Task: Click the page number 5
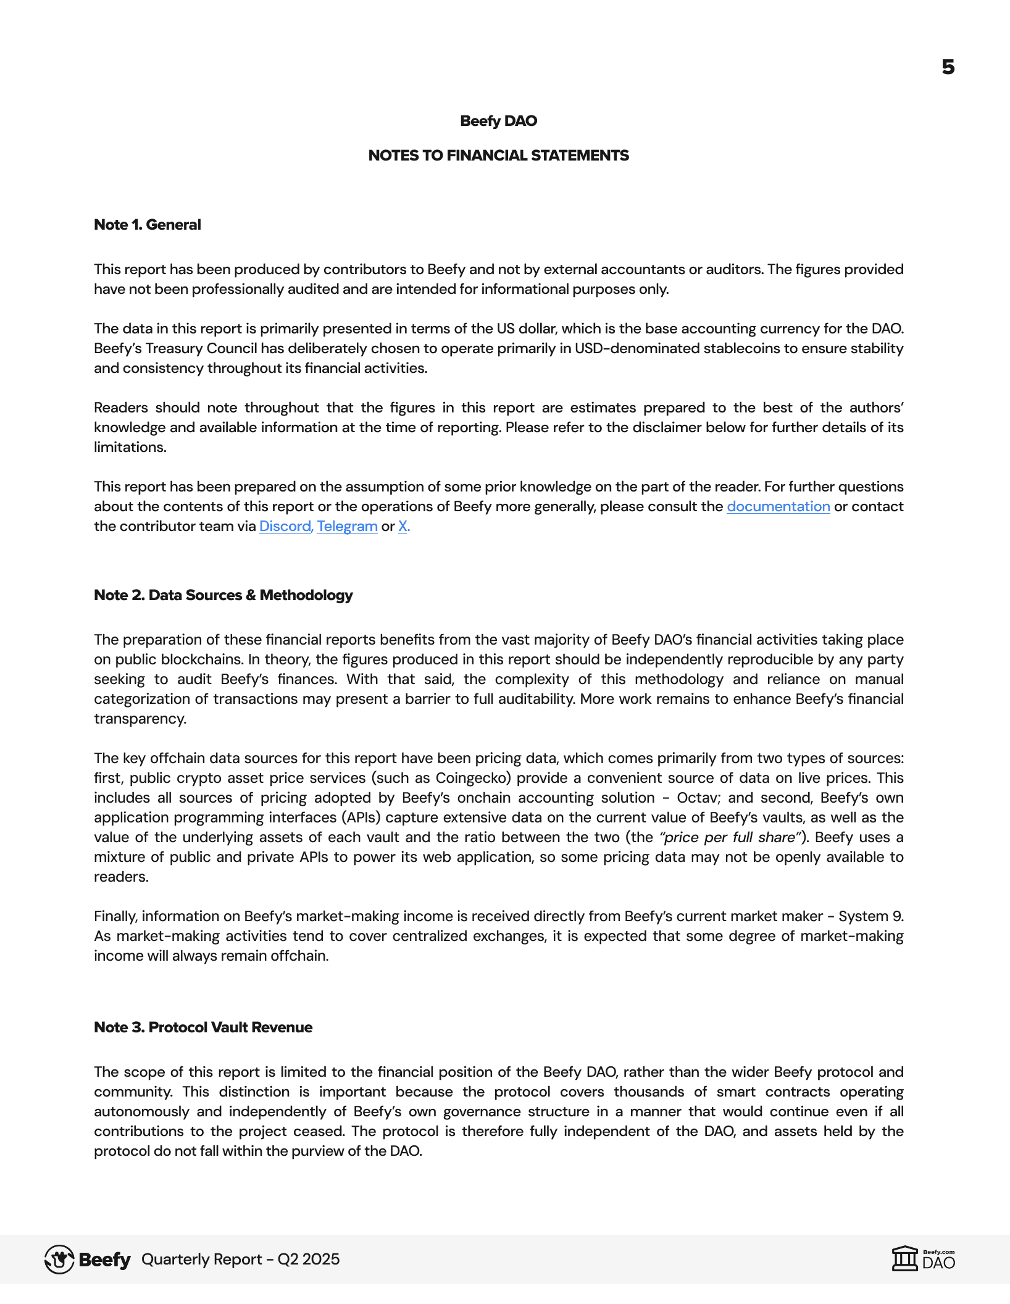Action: [x=948, y=67]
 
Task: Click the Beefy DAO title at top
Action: [x=498, y=121]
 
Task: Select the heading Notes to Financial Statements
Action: [x=498, y=156]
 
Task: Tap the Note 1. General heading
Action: [x=147, y=225]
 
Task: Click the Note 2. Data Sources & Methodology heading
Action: [x=223, y=595]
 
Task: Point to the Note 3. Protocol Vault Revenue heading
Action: [x=202, y=1027]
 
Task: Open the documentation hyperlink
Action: [x=778, y=507]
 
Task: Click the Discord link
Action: [x=285, y=527]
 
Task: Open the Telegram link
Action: [x=347, y=527]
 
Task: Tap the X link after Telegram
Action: [x=403, y=527]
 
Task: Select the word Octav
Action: [x=698, y=798]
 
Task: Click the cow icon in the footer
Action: [x=59, y=1260]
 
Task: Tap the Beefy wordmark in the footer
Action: [x=105, y=1260]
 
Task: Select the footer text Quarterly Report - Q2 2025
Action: [x=240, y=1260]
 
